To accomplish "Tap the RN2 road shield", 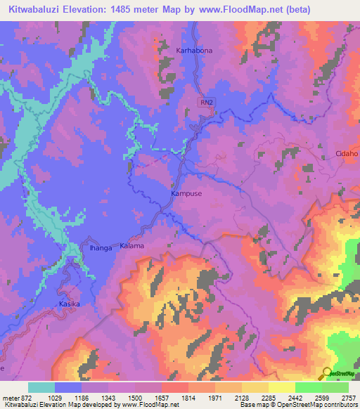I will (205, 103).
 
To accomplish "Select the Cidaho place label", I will (347, 153).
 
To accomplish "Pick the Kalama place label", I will (131, 246).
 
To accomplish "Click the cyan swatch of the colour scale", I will (41, 387).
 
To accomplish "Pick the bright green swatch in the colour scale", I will (309, 387).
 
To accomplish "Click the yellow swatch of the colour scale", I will (282, 387).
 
